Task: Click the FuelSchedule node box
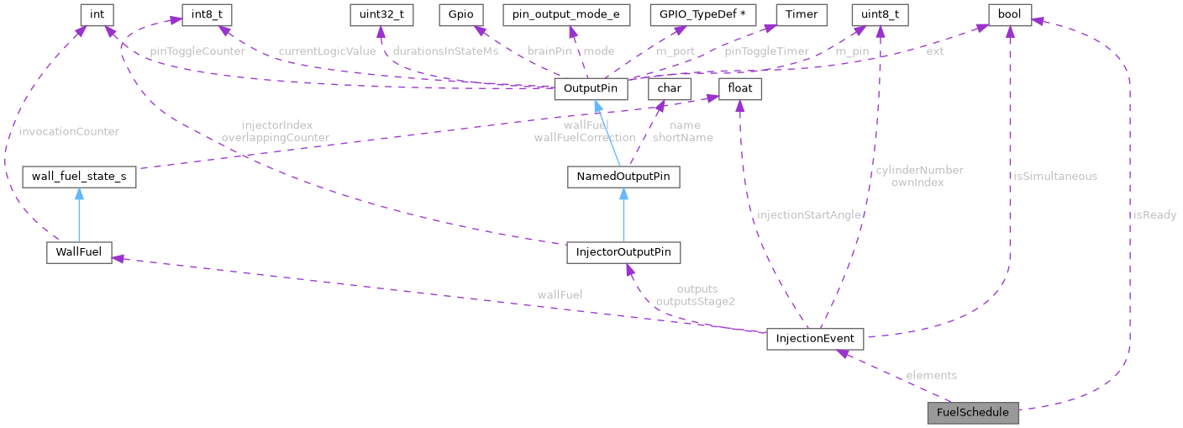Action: pyautogui.click(x=972, y=413)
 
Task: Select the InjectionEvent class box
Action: pyautogui.click(x=815, y=339)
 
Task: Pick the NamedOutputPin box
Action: pyautogui.click(x=623, y=177)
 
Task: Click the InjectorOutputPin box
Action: pyautogui.click(x=623, y=252)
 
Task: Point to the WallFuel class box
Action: pyautogui.click(x=79, y=252)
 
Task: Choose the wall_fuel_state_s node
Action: pyautogui.click(x=79, y=177)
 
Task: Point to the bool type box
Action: pyautogui.click(x=1009, y=14)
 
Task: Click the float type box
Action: pyautogui.click(x=739, y=88)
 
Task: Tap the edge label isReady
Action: pyautogui.click(x=1154, y=215)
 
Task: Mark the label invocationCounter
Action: pyautogui.click(x=69, y=131)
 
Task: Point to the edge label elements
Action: pyautogui.click(x=931, y=375)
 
